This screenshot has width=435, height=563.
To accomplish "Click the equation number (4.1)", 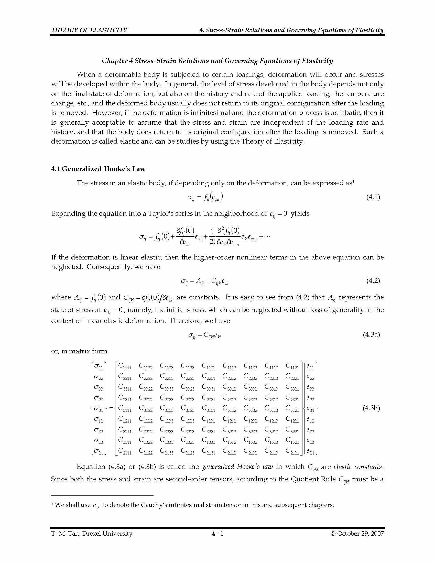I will (x=373, y=197).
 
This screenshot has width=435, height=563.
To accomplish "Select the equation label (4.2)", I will (x=373, y=281).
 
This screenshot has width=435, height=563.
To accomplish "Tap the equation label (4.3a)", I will (x=371, y=335).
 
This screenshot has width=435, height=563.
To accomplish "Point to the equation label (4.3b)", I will (x=371, y=408).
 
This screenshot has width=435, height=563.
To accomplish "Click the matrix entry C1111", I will (x=125, y=366).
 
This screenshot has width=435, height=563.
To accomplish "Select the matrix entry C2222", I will (x=146, y=377).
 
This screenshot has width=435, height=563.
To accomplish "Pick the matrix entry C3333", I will (x=167, y=387).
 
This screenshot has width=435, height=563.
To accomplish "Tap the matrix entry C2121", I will (x=292, y=451).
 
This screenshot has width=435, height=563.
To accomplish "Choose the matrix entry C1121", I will (x=292, y=366).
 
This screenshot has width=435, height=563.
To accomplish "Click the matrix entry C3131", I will (x=209, y=409).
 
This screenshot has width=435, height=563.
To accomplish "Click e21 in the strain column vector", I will (x=310, y=451).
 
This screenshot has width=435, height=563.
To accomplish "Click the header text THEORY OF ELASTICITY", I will (x=89, y=30).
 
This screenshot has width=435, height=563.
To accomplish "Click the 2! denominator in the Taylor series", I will (x=212, y=242).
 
